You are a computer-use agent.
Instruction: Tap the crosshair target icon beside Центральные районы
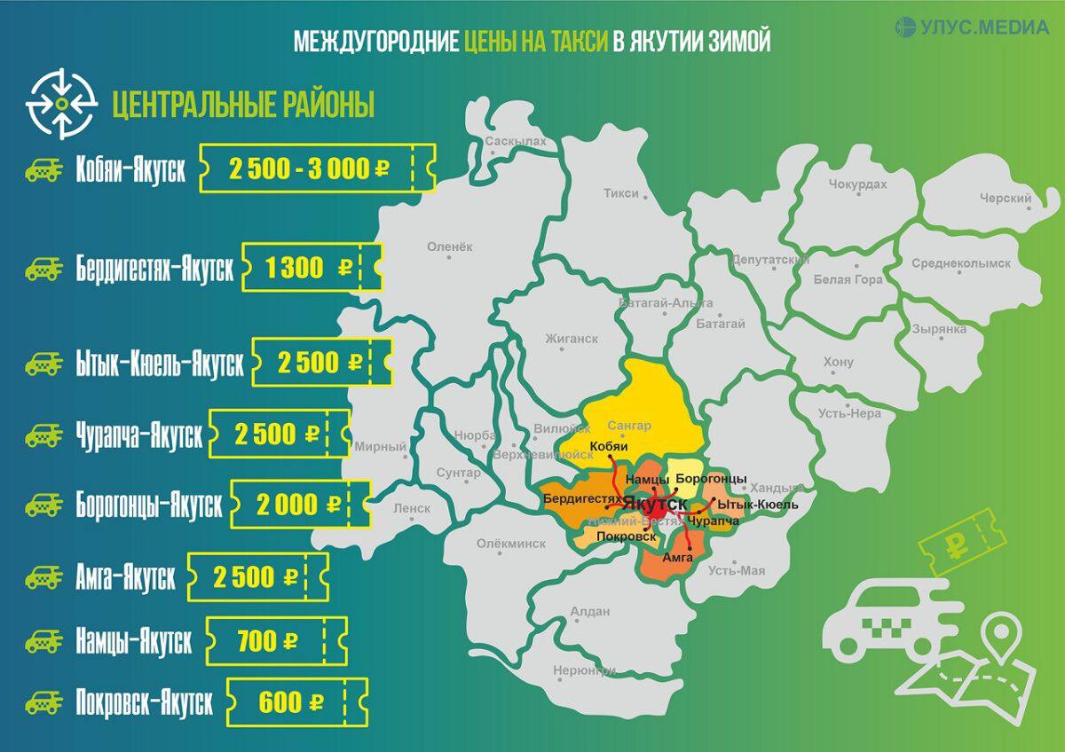[61, 104]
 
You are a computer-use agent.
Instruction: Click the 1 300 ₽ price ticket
[312, 268]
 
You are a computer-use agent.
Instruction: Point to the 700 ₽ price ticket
[276, 639]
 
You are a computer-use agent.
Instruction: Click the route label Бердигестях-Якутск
[154, 269]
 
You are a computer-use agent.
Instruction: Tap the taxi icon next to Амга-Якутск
[43, 578]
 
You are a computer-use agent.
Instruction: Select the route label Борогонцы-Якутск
[149, 505]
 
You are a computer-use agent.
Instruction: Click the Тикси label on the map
[620, 192]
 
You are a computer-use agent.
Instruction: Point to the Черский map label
[1005, 199]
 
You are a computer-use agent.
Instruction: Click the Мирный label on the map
[380, 447]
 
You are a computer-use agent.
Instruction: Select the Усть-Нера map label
[849, 413]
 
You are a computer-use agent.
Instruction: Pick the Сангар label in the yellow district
[630, 426]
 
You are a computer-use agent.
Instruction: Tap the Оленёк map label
[451, 247]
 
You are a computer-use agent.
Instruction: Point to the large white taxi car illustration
[887, 621]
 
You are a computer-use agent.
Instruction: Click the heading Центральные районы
[243, 105]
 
